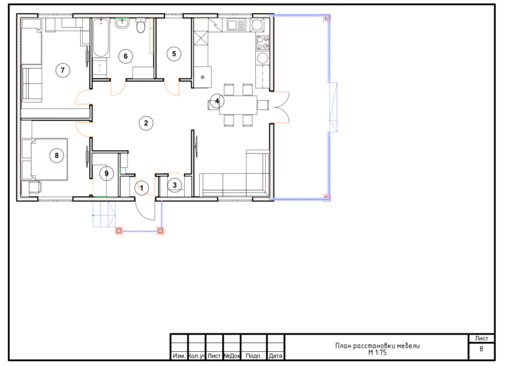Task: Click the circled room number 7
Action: coord(62,70)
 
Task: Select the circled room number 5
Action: coord(174,53)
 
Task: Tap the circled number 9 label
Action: coord(107,174)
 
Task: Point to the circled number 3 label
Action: coord(174,185)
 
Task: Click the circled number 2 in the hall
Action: coord(146,123)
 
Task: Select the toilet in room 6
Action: coord(141,25)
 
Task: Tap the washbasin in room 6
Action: coord(122,23)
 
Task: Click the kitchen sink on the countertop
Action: coord(236,24)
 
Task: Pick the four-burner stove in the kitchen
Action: coord(263,43)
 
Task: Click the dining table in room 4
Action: coord(238,105)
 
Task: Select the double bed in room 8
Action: coord(49,159)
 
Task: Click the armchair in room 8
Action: coord(35,187)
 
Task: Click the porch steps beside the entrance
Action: coord(104,214)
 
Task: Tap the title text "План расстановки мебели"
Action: coord(377,346)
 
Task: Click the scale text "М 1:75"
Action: coord(377,353)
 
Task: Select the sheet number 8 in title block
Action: coord(481,349)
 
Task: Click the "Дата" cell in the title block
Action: coord(276,355)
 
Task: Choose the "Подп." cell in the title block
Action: coord(253,355)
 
